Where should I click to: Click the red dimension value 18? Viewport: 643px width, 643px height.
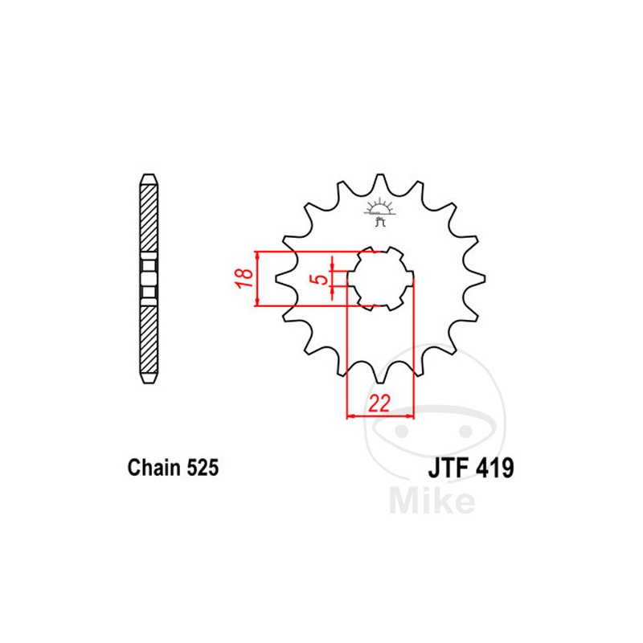click(247, 278)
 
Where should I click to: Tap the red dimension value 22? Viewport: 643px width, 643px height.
click(379, 403)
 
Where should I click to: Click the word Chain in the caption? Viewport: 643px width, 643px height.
click(153, 468)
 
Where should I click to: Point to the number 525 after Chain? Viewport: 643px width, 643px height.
click(201, 468)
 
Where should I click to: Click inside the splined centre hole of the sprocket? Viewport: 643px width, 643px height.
click(381, 278)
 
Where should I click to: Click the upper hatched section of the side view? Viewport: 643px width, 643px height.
click(149, 217)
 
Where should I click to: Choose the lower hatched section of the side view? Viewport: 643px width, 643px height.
click(149, 338)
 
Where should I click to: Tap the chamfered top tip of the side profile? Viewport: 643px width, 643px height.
click(149, 178)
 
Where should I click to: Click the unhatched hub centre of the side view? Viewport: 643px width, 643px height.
click(149, 278)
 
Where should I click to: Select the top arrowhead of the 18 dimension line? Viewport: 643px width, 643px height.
click(257, 255)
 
